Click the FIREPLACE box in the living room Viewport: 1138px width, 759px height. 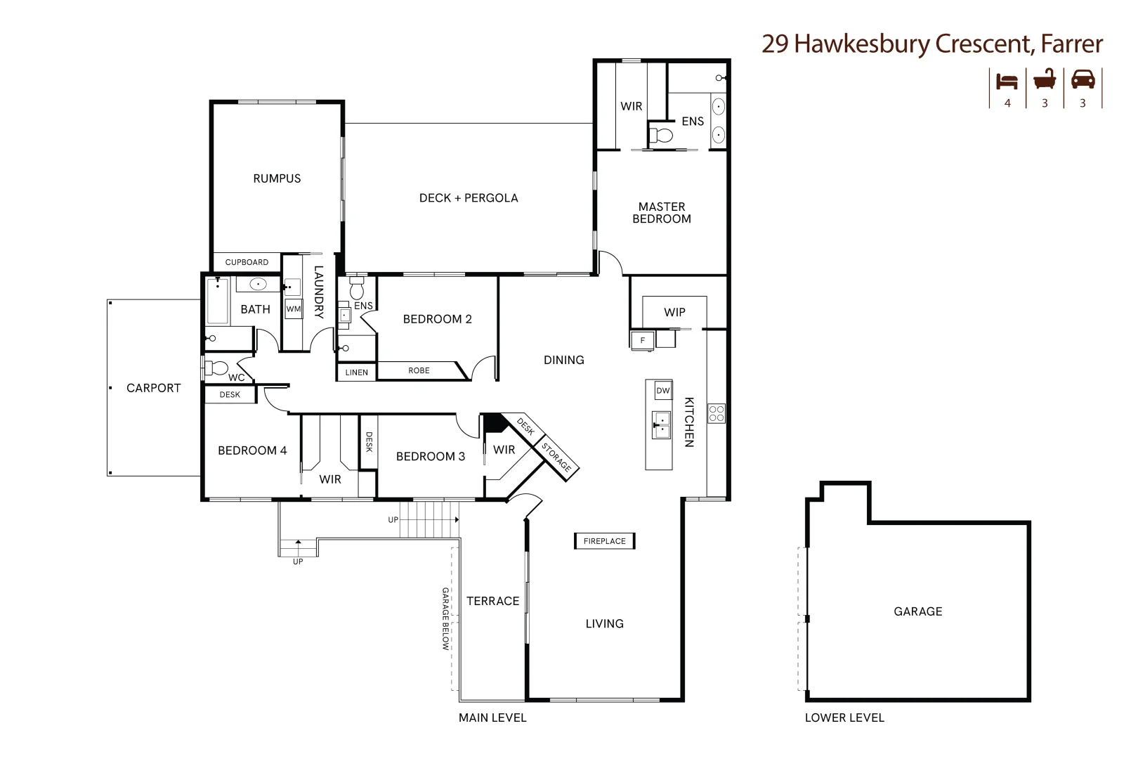[604, 541]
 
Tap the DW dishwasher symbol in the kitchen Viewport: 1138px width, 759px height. [663, 391]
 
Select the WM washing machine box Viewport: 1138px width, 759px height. [294, 309]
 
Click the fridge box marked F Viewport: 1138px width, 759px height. [642, 341]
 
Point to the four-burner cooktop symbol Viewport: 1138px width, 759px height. [716, 413]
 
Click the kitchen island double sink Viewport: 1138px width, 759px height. [661, 425]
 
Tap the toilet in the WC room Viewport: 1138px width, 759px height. [217, 368]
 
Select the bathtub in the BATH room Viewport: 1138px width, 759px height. [218, 301]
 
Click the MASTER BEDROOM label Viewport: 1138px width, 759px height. [661, 213]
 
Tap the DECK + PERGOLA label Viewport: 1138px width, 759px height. [469, 198]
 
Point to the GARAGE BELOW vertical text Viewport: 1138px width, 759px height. [445, 618]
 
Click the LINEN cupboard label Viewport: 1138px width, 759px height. [356, 372]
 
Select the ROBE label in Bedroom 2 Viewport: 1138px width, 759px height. [419, 370]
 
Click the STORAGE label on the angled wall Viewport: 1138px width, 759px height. [557, 457]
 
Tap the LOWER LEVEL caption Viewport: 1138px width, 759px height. [844, 718]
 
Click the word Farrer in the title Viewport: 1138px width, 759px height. [1071, 44]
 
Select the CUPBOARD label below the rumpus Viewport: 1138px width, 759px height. [247, 262]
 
